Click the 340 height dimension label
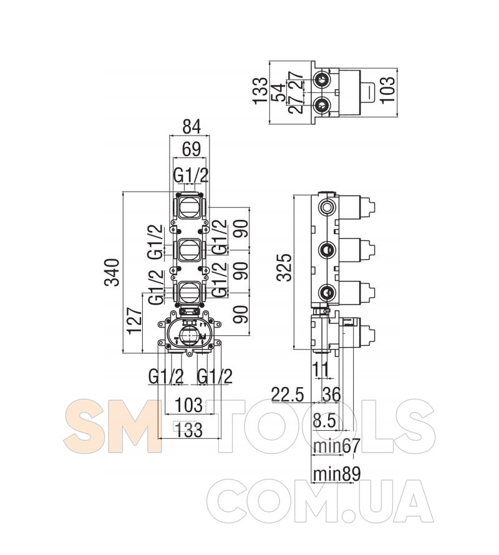click(x=112, y=273)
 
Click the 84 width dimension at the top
click(x=191, y=127)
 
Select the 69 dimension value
click(x=191, y=149)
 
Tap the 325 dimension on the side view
click(x=284, y=267)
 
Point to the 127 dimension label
click(x=135, y=320)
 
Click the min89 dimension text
click(x=337, y=474)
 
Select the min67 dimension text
click(x=337, y=446)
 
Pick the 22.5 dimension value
click(x=288, y=395)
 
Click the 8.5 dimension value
click(x=324, y=421)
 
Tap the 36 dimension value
click(x=331, y=395)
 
